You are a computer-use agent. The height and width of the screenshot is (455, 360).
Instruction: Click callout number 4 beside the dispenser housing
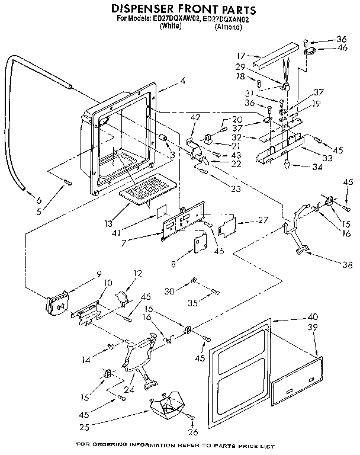point(183,81)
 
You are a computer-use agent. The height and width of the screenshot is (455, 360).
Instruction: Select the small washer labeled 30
point(194,280)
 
